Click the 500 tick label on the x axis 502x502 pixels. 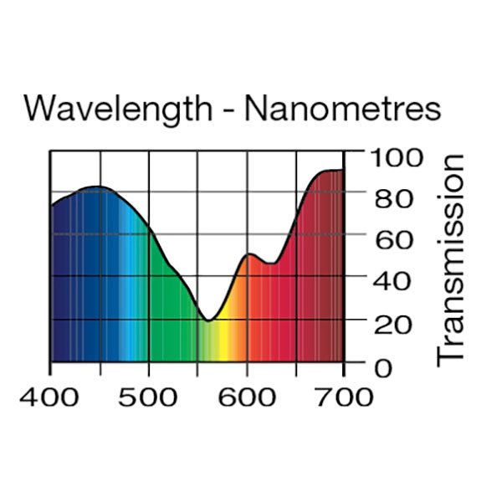(149, 395)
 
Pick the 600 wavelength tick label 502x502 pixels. (247, 395)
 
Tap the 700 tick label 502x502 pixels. (344, 395)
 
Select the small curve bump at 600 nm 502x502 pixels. (248, 254)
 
